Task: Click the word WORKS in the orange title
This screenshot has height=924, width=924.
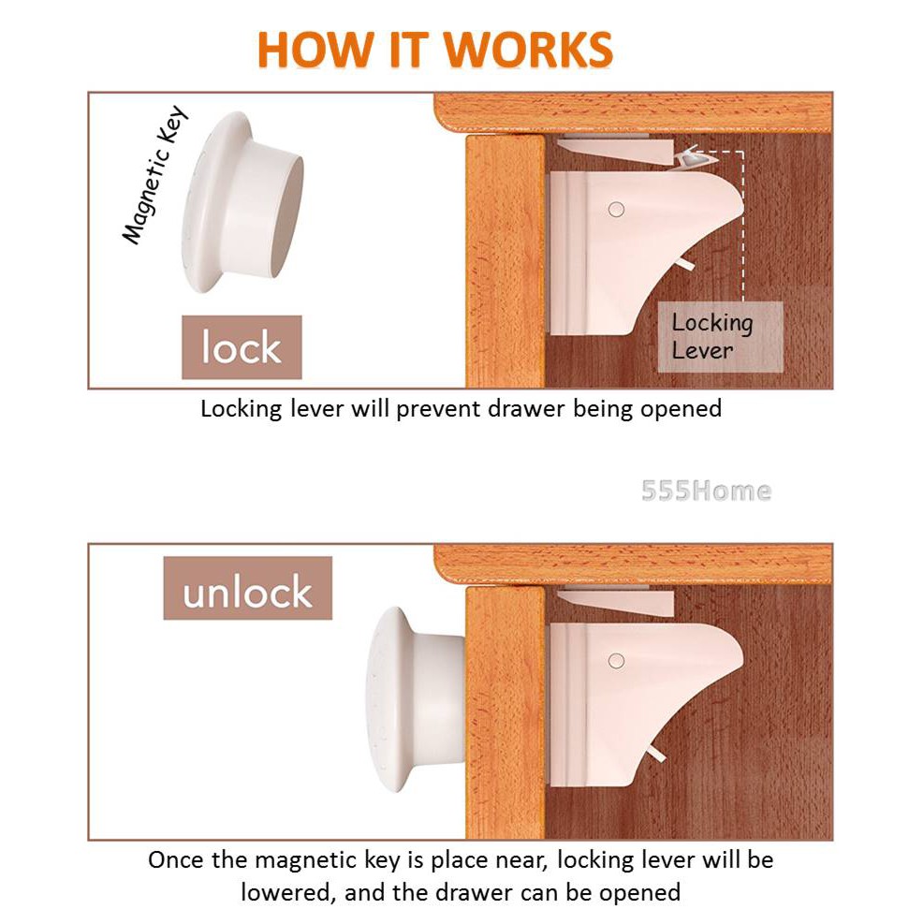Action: click(x=528, y=50)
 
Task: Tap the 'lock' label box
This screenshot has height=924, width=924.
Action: click(x=242, y=347)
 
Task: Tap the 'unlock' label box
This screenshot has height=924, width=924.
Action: click(x=247, y=588)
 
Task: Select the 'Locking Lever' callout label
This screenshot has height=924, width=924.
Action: click(x=720, y=337)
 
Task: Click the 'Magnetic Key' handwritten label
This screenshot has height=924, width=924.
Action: click(x=154, y=175)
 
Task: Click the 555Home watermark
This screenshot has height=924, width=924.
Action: click(x=706, y=491)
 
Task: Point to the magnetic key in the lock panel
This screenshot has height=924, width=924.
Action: click(x=242, y=201)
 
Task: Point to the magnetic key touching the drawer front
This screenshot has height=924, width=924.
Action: click(x=416, y=699)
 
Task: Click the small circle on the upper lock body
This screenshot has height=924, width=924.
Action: click(x=616, y=209)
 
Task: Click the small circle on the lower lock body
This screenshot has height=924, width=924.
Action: click(x=616, y=661)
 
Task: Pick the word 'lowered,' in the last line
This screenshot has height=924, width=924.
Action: click(x=288, y=893)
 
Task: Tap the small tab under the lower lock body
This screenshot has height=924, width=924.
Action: click(x=655, y=753)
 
